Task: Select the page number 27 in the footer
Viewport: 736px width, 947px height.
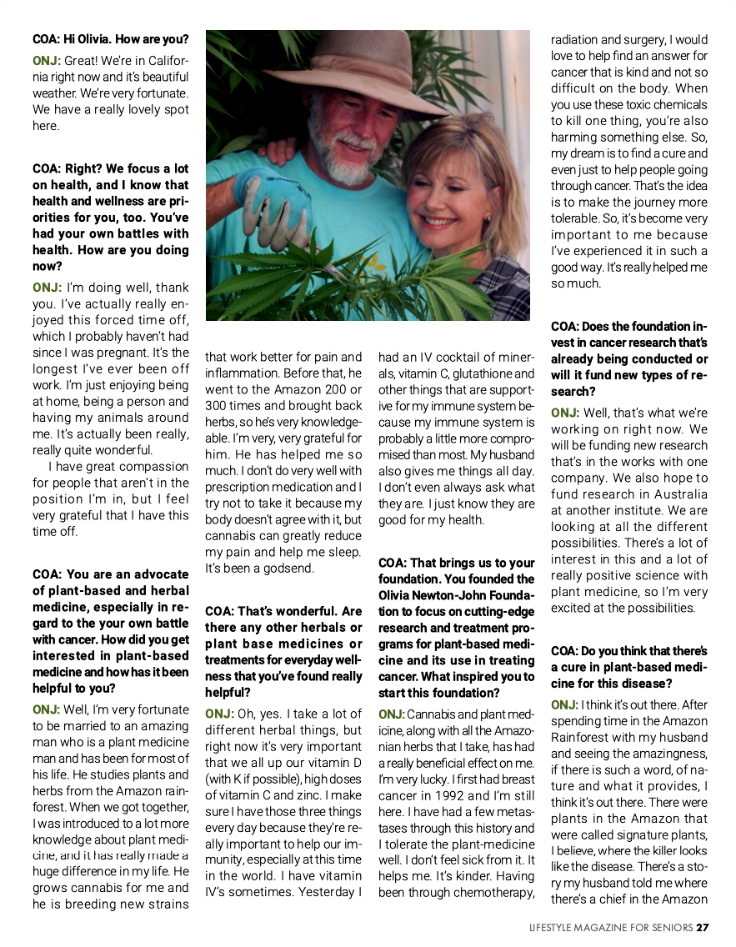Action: click(703, 927)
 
